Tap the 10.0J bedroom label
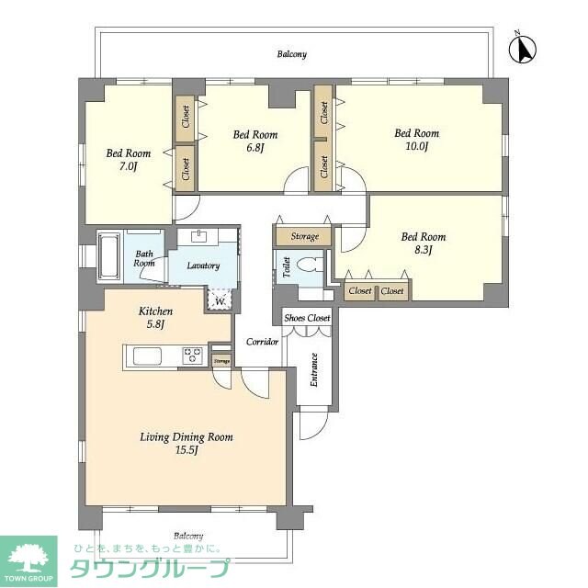point(410,139)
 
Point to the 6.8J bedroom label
point(255,141)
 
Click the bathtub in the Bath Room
point(109,254)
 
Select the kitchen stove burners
point(192,356)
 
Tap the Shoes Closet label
point(307,318)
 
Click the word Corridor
point(262,342)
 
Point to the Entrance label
point(314,368)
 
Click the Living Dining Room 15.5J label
point(187,444)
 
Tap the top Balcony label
point(292,54)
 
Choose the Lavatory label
point(203,266)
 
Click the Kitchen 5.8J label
point(155,318)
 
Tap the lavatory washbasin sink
point(199,237)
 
